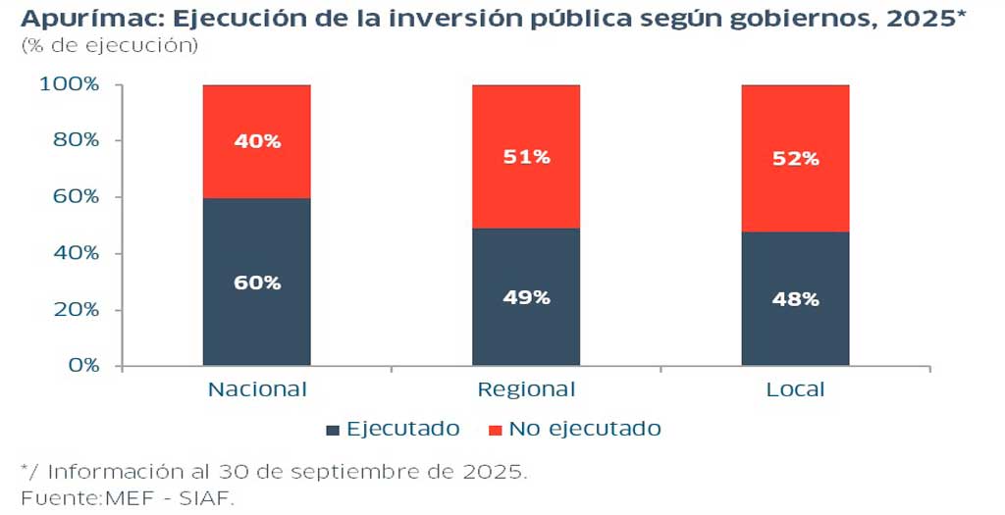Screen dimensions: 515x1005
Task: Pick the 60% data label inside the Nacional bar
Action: tap(257, 283)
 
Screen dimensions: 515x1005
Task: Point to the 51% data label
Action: tap(526, 157)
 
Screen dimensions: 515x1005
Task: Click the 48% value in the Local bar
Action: tap(795, 299)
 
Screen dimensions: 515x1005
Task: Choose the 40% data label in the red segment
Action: tap(257, 141)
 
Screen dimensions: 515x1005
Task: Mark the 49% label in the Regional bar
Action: tap(526, 297)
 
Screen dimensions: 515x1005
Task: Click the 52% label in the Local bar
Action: tap(795, 158)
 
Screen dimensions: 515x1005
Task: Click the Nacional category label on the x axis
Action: tap(257, 389)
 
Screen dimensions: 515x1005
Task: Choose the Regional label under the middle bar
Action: tap(526, 389)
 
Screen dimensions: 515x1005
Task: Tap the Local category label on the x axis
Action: tap(795, 389)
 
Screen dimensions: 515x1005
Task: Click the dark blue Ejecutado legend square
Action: tap(333, 430)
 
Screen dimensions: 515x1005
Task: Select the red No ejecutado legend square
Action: tap(495, 430)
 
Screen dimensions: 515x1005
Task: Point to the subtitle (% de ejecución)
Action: tap(109, 46)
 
